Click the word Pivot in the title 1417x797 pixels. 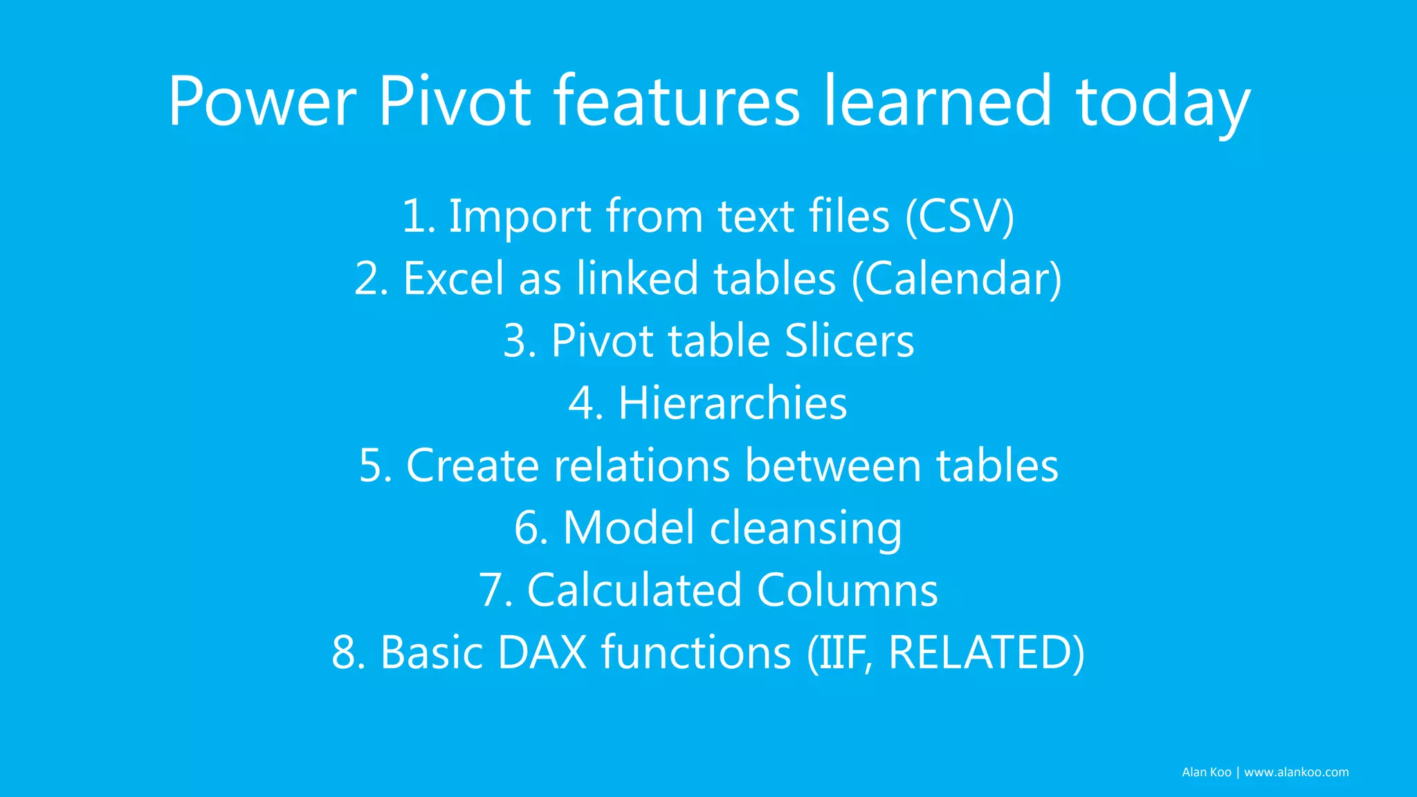click(x=454, y=102)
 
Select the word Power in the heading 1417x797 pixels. click(x=262, y=102)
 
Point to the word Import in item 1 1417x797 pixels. click(x=520, y=217)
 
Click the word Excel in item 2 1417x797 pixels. click(x=453, y=279)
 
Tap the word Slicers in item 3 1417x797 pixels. click(x=849, y=341)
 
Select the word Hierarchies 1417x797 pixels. click(x=732, y=403)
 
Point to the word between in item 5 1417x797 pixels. click(x=833, y=466)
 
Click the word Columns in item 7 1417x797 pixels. click(x=847, y=590)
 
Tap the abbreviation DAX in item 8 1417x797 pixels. click(x=542, y=652)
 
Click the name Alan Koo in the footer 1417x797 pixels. click(x=1206, y=772)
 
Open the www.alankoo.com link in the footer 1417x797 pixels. click(x=1296, y=772)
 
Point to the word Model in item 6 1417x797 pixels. click(x=628, y=528)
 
